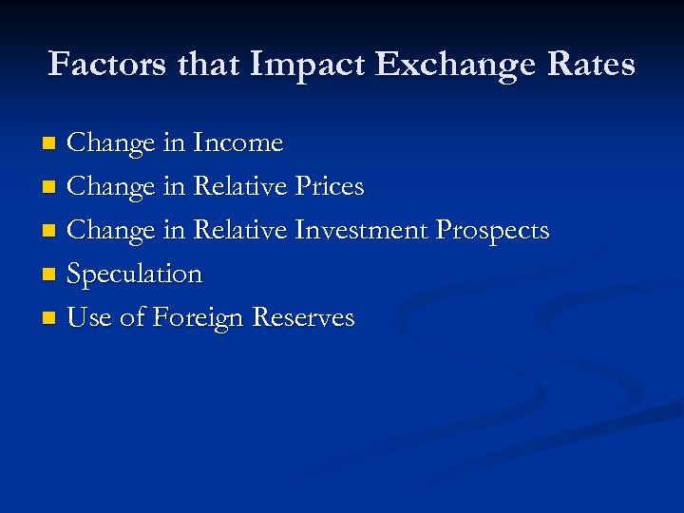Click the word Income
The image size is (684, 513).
[x=237, y=143]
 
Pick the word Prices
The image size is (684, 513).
[x=329, y=187]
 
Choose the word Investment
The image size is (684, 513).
[x=361, y=231]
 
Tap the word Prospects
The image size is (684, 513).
[x=492, y=231]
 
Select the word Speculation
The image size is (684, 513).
[x=135, y=275]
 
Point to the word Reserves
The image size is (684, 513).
[x=303, y=318]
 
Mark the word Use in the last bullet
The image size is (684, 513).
[x=89, y=318]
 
